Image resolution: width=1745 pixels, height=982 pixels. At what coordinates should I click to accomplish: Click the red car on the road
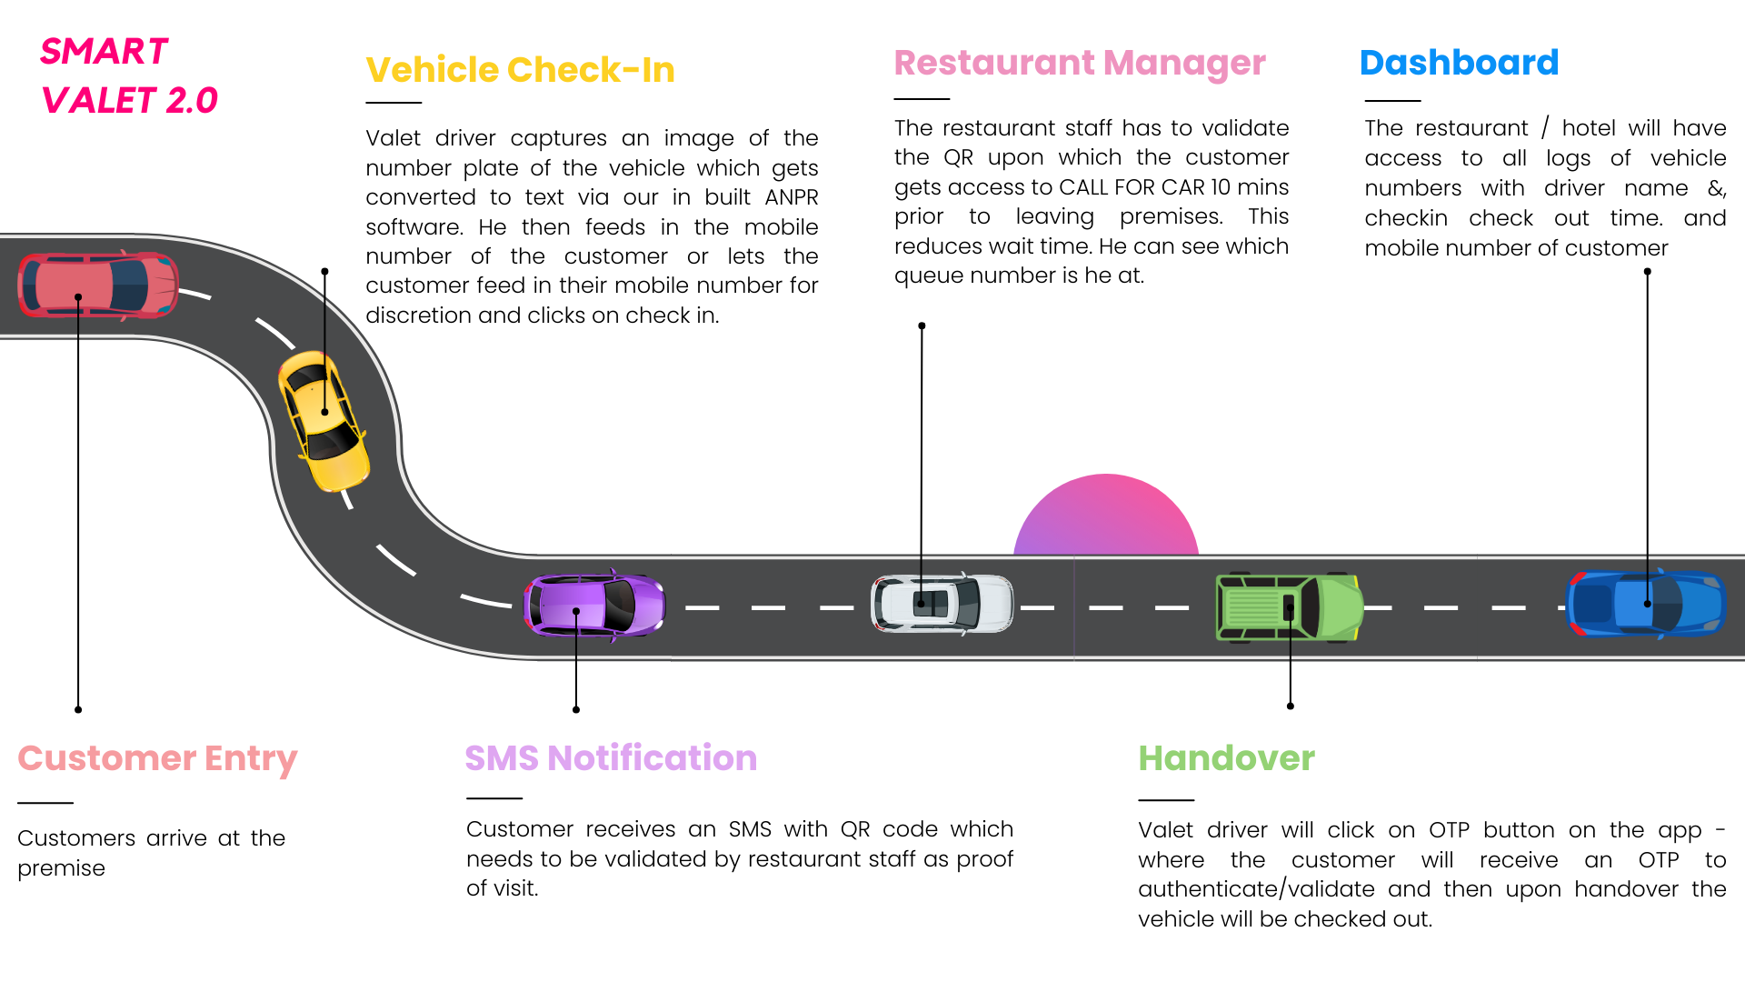98,286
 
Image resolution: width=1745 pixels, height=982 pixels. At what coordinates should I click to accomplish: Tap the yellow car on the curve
324,421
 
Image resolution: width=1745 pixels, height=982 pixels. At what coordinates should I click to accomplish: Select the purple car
594,605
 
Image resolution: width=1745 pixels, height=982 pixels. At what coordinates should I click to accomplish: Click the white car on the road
942,603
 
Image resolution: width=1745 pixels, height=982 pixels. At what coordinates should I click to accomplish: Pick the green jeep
1289,607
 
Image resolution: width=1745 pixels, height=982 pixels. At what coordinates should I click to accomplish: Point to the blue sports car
1645,603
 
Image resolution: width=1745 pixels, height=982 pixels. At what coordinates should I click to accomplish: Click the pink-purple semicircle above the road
1106,518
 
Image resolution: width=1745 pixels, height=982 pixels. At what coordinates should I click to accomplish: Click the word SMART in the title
104,52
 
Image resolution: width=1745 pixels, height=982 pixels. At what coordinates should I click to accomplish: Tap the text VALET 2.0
130,101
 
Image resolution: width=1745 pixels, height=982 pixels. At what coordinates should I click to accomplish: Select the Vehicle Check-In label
520,70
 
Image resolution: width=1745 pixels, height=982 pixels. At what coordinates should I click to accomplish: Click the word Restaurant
994,63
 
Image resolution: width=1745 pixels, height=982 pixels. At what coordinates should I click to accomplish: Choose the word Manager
1184,64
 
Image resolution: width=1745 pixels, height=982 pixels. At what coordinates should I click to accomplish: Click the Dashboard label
1459,63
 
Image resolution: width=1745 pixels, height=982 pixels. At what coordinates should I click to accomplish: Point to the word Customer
106,758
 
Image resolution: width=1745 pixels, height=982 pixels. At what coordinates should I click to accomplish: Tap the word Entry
251,759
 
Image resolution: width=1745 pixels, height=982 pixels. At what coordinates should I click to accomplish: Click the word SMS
502,758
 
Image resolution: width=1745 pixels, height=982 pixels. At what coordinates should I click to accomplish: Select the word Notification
652,758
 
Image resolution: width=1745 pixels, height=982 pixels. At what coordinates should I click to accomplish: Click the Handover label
1226,758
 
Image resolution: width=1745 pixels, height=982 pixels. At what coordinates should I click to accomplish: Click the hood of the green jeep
1337,607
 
